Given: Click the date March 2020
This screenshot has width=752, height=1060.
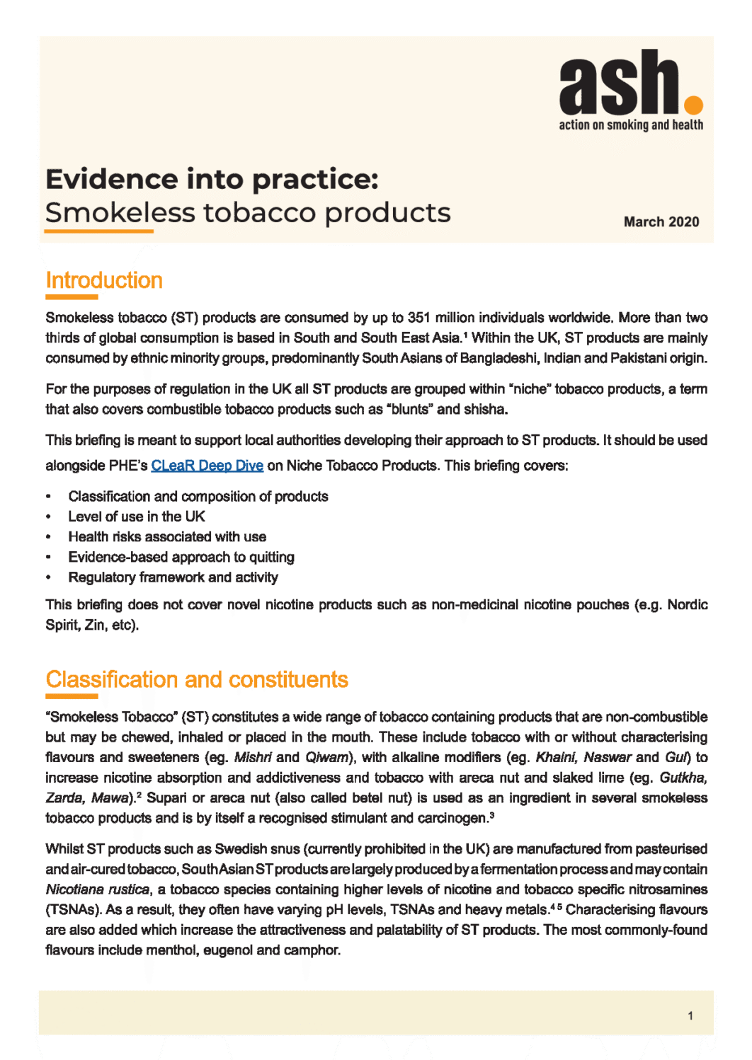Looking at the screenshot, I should (x=661, y=222).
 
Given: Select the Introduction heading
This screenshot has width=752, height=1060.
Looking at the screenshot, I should (x=104, y=281).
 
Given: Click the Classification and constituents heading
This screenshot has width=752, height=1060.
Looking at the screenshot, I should (x=197, y=680).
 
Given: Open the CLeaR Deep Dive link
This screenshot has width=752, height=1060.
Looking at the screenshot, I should (x=207, y=466).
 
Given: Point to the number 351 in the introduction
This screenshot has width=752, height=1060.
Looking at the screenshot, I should (x=419, y=318).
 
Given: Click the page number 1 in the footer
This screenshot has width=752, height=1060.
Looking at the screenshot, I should (x=690, y=1016).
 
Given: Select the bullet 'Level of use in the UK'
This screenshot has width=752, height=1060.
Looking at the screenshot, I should (x=137, y=517).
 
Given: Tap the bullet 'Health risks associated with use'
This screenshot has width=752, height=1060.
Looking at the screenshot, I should (x=167, y=537).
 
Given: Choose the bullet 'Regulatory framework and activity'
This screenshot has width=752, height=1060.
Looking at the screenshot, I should (x=173, y=577).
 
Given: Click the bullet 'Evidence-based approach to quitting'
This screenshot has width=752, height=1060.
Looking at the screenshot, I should (x=181, y=558).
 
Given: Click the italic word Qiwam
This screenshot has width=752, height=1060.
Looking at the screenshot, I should (x=326, y=758).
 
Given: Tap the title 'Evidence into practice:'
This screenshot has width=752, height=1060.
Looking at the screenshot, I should (x=212, y=180).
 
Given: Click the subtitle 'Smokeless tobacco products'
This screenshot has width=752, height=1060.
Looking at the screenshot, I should (x=248, y=213).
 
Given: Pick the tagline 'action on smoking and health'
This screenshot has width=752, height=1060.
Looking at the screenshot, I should (x=631, y=125).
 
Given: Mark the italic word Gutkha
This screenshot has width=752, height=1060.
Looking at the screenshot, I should (x=683, y=778).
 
